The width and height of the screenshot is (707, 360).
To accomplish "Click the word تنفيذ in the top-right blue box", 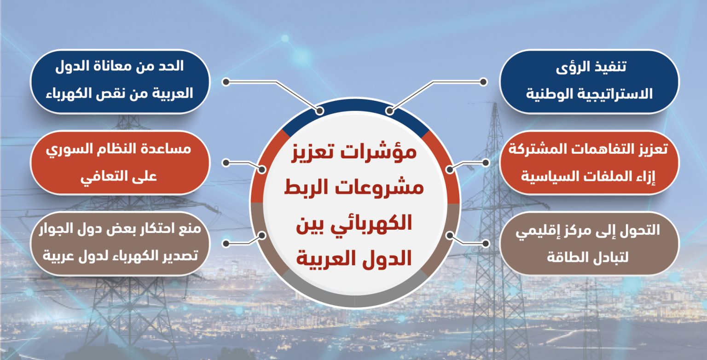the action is coord(609,67).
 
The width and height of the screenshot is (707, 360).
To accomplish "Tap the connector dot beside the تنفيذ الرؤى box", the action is coord(483,82).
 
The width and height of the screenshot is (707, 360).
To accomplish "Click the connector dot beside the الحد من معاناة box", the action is coord(226,82).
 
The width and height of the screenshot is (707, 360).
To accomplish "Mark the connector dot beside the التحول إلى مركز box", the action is coord(486,244).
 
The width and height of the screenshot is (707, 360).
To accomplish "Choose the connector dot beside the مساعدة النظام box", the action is coord(226,163).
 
